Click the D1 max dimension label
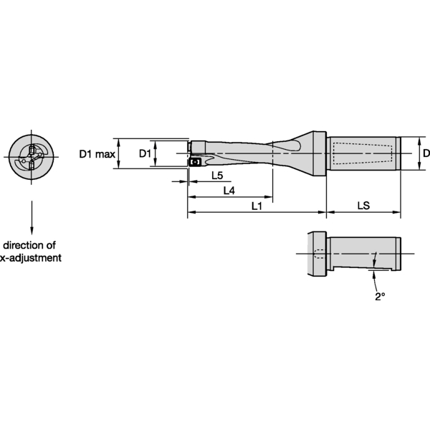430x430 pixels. click(96, 154)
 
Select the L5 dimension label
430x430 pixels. click(216, 176)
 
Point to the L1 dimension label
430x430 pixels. click(257, 206)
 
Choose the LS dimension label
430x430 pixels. click(363, 206)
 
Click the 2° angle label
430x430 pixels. click(380, 296)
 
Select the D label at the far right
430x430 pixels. click(426, 153)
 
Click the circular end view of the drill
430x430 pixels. click(32, 156)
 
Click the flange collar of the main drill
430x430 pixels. click(317, 154)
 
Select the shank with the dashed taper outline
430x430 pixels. click(362, 154)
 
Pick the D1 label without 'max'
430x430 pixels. click(145, 154)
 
